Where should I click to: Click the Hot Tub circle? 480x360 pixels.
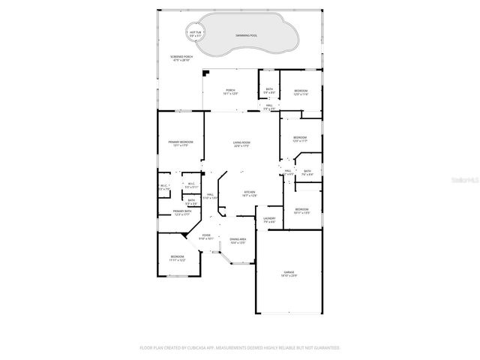pyautogui.click(x=196, y=33)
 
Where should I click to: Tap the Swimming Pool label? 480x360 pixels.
pyautogui.click(x=245, y=35)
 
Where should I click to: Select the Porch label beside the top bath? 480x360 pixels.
pyautogui.click(x=229, y=91)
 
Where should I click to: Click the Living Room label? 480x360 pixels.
pyautogui.click(x=241, y=144)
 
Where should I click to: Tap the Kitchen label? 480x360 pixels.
pyautogui.click(x=249, y=193)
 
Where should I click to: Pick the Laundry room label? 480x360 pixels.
pyautogui.click(x=269, y=220)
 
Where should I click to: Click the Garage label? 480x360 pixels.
pyautogui.click(x=289, y=274)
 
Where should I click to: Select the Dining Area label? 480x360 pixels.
pyautogui.click(x=238, y=241)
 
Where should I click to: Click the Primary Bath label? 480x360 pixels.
pyautogui.click(x=182, y=213)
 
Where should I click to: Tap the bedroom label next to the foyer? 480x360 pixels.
pyautogui.click(x=177, y=259)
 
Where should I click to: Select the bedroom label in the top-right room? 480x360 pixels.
pyautogui.click(x=301, y=91)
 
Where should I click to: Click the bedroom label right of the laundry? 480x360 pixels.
pyautogui.click(x=301, y=211)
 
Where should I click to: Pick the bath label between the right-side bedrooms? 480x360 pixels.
pyautogui.click(x=307, y=172)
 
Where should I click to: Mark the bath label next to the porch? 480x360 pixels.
pyautogui.click(x=269, y=91)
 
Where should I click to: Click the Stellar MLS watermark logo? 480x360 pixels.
pyautogui.click(x=461, y=181)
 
